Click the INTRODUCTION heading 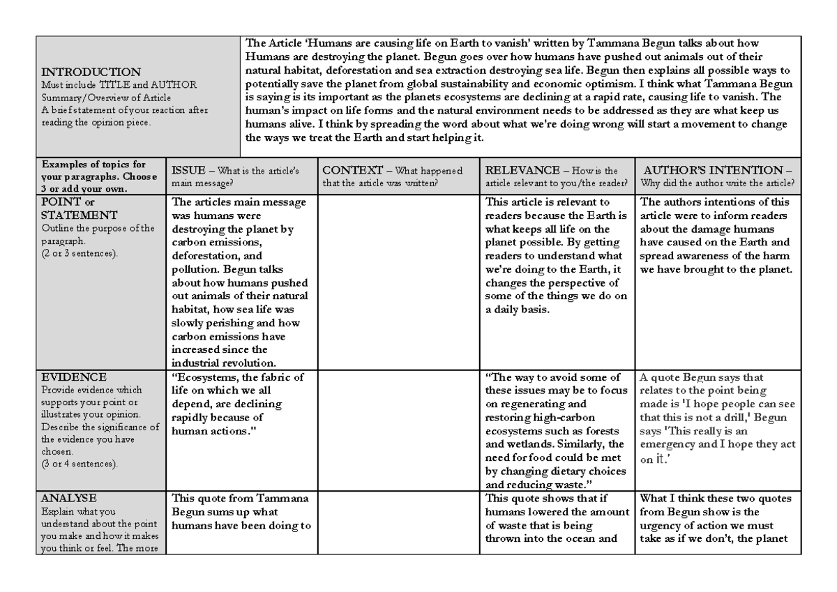click(92, 72)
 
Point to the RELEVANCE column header click(518, 170)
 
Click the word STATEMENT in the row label click(79, 215)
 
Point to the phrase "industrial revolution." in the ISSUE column click(223, 362)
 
